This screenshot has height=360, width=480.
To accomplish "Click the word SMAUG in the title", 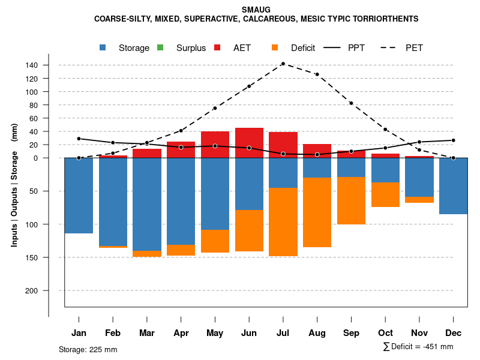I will tap(256, 10).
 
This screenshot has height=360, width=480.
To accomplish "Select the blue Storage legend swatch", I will tap(103, 47).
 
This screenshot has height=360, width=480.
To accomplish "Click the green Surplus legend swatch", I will tap(160, 47).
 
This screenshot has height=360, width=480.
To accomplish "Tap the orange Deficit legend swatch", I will tap(275, 47).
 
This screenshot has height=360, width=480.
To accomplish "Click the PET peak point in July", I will tap(283, 64).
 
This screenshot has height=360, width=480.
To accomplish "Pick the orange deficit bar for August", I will tap(317, 212).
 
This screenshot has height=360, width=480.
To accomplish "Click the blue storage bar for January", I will tap(79, 196).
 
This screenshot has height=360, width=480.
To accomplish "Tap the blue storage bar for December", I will tap(453, 186).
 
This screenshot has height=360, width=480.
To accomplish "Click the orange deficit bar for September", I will tap(351, 200).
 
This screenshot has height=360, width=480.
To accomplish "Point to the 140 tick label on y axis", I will tap(49, 65).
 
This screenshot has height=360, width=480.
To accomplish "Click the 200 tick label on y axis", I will tap(49, 290).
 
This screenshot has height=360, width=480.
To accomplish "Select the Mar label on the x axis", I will tap(147, 333).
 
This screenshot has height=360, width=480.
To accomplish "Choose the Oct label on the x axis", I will tap(385, 333).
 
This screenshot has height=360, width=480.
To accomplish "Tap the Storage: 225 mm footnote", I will tap(88, 350).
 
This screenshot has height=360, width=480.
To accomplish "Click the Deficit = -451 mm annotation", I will tap(418, 347).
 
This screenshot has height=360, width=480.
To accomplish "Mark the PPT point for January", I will tap(79, 139).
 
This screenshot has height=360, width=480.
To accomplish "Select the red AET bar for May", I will tap(215, 145).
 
